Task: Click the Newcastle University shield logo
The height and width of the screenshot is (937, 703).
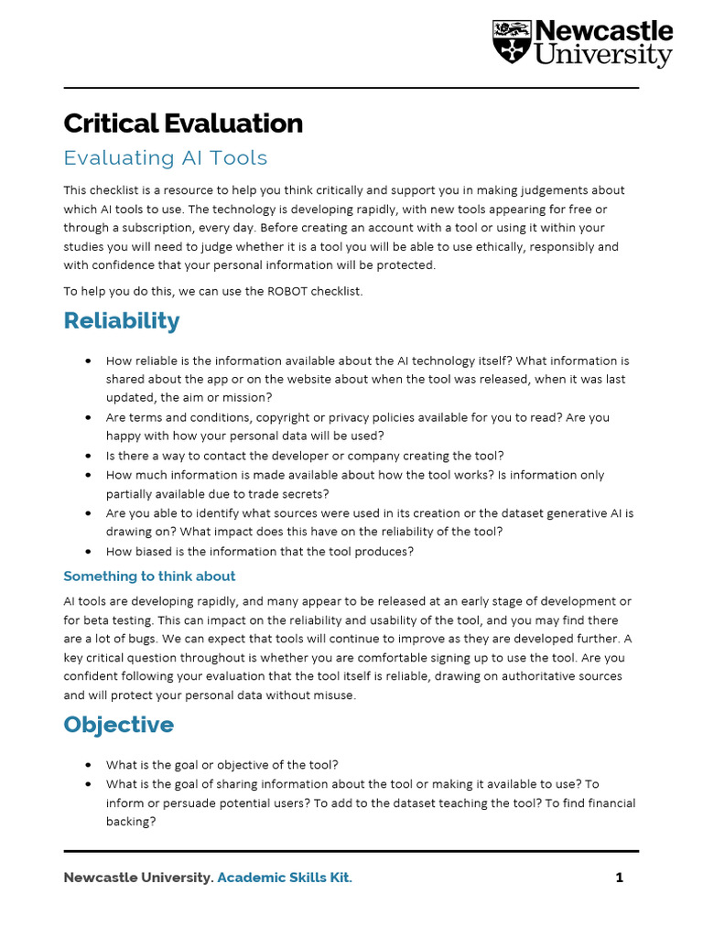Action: point(512,42)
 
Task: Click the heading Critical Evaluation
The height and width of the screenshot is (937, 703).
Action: point(183,124)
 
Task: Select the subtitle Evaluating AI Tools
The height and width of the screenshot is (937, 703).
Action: point(166,157)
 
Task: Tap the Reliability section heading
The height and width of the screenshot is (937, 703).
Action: point(122,321)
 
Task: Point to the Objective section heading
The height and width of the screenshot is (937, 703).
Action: point(118,725)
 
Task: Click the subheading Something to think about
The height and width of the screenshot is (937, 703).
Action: point(149,576)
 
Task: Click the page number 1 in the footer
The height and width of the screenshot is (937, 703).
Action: point(619,878)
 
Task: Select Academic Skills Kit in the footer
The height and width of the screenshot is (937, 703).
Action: point(284,878)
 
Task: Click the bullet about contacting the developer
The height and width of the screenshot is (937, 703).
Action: point(305,455)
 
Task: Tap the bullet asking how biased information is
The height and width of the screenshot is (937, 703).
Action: point(260,551)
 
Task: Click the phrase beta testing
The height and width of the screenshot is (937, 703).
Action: point(114,619)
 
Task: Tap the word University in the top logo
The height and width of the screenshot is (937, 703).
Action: point(604,55)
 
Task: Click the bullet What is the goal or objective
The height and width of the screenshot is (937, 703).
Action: point(222,764)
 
